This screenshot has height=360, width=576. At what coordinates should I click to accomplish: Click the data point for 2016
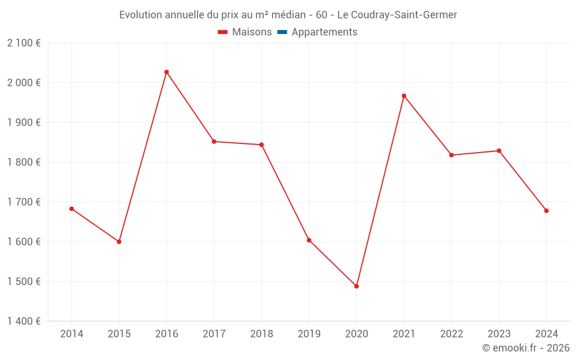tap(166, 72)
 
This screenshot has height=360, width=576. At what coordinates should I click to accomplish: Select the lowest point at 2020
tap(357, 286)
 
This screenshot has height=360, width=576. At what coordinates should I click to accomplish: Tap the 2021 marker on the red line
tap(404, 96)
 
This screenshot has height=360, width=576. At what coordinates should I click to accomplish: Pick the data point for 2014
tap(71, 209)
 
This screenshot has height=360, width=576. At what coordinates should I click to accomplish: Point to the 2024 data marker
tap(546, 211)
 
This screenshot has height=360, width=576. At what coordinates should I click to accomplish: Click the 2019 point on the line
tap(309, 240)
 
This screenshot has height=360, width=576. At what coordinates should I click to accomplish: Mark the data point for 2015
tap(119, 242)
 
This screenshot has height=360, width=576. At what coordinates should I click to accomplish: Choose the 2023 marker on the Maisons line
tap(499, 151)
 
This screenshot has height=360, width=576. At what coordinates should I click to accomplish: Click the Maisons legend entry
tap(245, 32)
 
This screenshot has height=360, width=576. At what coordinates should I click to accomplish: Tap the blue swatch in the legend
tap(282, 32)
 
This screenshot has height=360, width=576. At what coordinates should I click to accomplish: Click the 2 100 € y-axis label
tap(24, 43)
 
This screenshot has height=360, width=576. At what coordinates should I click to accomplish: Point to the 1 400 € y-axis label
tap(24, 321)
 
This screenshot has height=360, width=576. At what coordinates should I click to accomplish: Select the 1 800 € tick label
tap(24, 162)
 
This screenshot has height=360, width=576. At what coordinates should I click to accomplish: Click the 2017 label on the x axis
tap(214, 334)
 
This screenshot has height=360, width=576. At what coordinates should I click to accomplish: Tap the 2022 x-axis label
tap(451, 334)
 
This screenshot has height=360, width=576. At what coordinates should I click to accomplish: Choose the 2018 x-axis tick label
tap(262, 334)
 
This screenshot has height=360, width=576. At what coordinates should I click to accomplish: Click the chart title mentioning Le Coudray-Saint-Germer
tap(288, 15)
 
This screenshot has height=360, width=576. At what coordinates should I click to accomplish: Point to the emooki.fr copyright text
tap(525, 348)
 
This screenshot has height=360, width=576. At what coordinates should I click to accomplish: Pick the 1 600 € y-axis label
tap(24, 242)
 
